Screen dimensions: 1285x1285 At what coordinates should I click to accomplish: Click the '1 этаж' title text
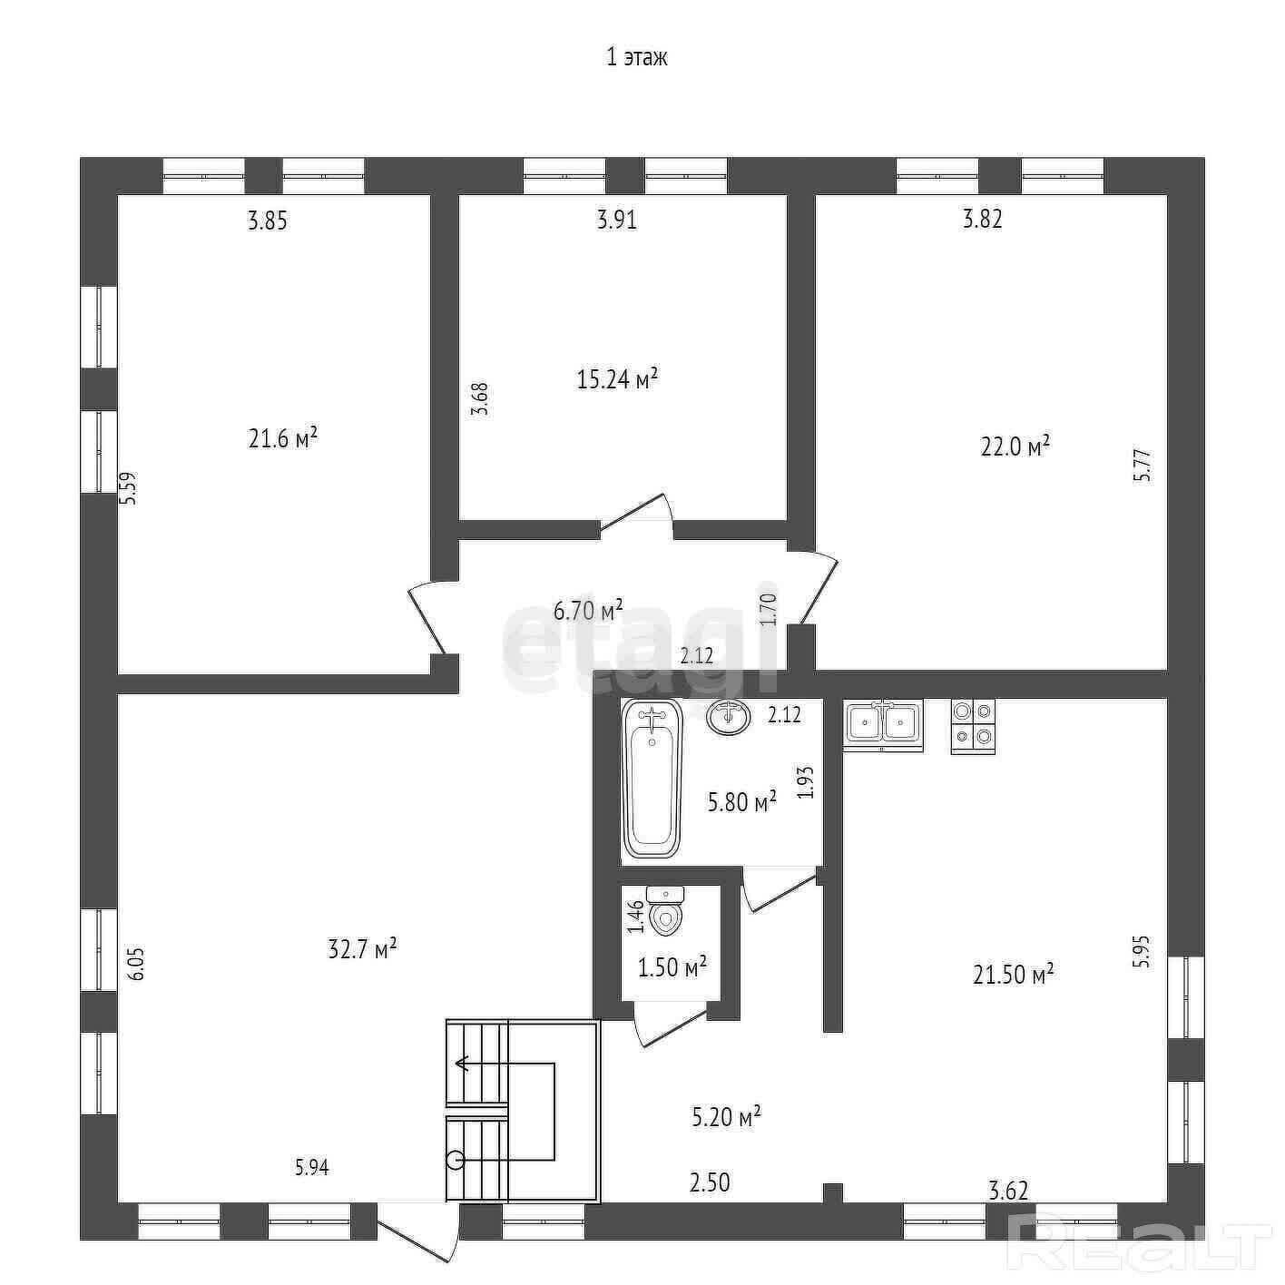(x=637, y=57)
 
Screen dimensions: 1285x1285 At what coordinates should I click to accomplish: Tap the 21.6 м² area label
(x=283, y=438)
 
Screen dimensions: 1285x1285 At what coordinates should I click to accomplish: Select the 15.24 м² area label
(x=617, y=378)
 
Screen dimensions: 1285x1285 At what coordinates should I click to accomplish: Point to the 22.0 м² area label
(x=1015, y=446)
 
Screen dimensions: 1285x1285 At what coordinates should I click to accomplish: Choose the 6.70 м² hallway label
(x=588, y=609)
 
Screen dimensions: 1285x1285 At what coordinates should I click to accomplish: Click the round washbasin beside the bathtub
(x=728, y=716)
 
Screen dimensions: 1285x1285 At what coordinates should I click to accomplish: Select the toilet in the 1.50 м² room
(x=665, y=911)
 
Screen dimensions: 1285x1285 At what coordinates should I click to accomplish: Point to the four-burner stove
(x=973, y=726)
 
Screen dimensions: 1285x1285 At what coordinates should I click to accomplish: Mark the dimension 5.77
(x=1143, y=466)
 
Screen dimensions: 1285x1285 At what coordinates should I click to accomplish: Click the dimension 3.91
(x=617, y=220)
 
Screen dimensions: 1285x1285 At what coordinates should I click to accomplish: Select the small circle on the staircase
(x=456, y=1160)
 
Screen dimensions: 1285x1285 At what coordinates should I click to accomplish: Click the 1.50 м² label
(x=672, y=966)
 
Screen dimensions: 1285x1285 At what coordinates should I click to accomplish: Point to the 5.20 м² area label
(x=726, y=1115)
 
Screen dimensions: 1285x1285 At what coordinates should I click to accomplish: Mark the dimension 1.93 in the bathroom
(x=806, y=781)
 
